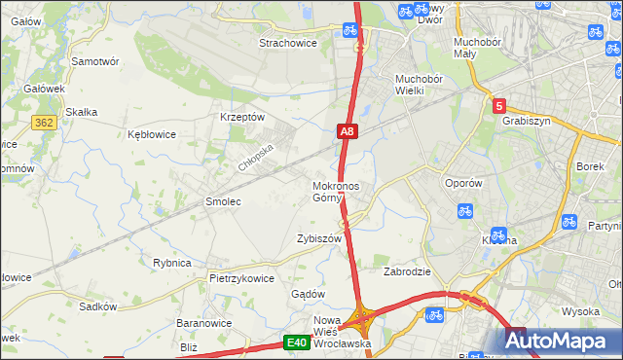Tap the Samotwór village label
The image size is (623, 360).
(95, 60)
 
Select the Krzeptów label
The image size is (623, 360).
(242, 117)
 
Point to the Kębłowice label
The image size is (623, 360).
(151, 134)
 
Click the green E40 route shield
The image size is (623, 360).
(297, 342)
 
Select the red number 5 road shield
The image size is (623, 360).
(499, 106)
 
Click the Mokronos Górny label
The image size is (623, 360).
(336, 192)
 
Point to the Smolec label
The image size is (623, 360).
(222, 201)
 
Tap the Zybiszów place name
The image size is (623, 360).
(319, 238)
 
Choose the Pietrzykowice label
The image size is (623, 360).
(241, 277)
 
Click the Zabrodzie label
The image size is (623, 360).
(408, 271)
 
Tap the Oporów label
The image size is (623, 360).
(463, 183)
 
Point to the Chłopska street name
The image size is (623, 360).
(258, 154)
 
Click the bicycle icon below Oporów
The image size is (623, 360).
(465, 209)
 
